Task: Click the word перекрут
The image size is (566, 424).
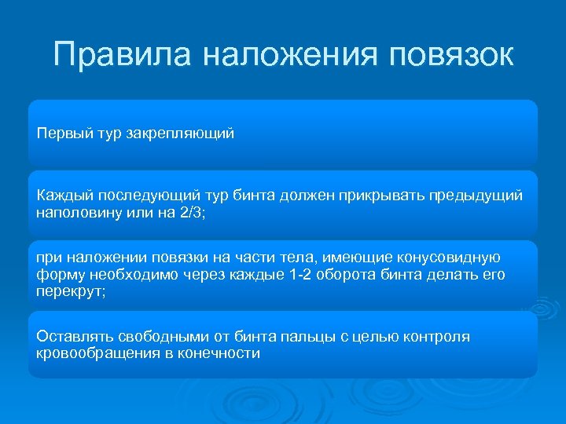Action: click(x=68, y=291)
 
